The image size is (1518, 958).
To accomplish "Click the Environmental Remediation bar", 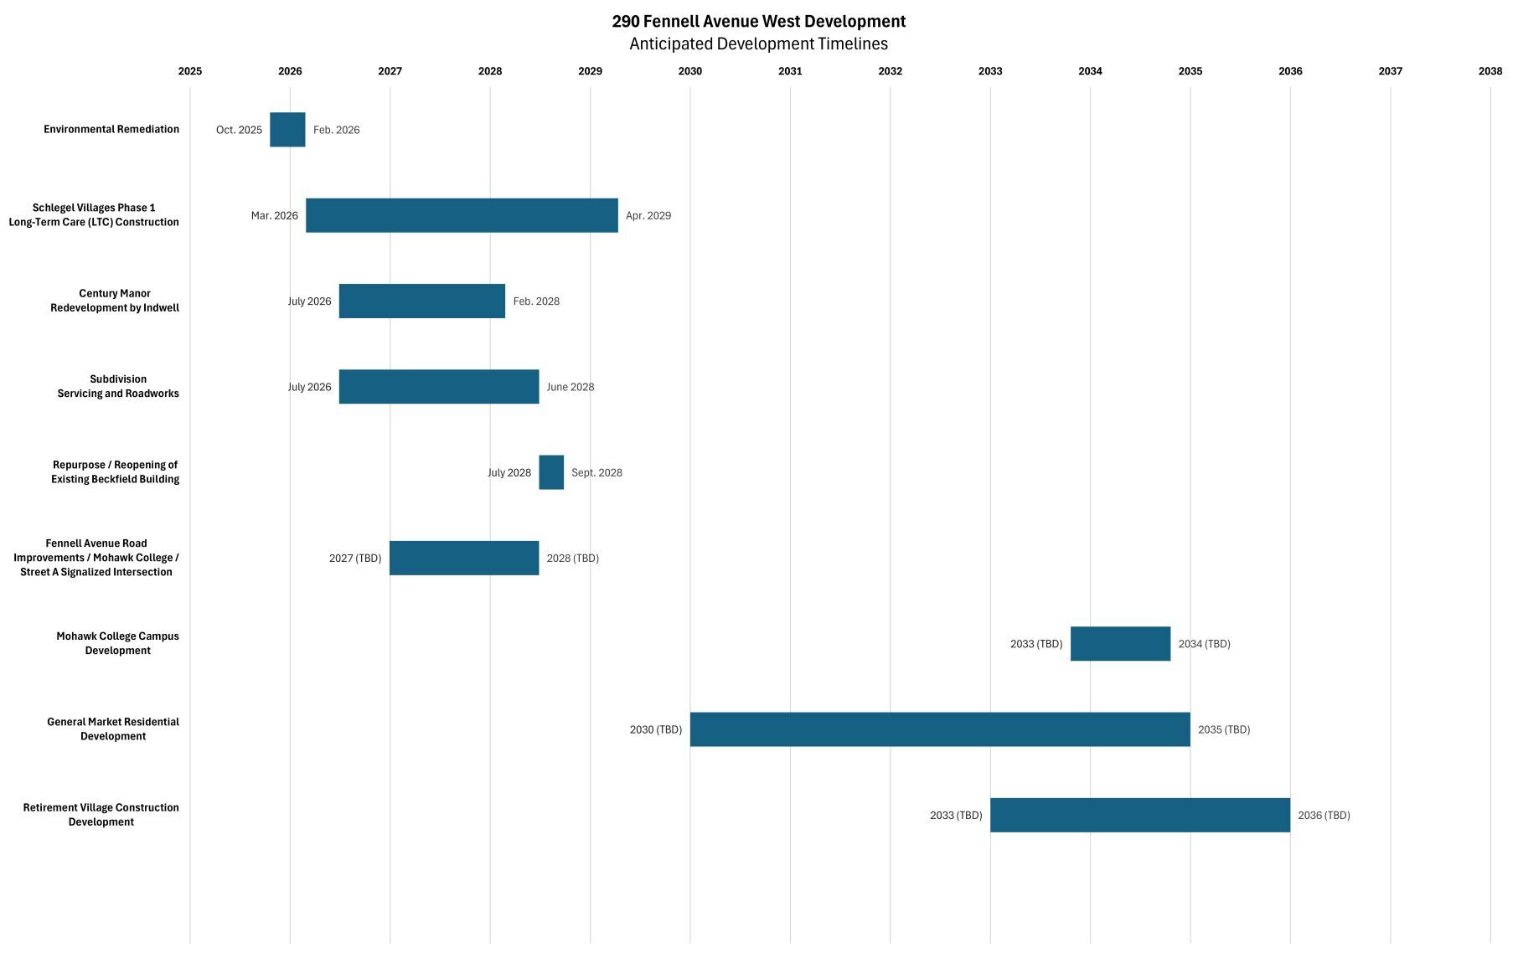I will click(287, 130).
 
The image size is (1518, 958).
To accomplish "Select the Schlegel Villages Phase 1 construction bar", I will click(462, 215).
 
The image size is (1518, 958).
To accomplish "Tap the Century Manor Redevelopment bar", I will click(421, 301).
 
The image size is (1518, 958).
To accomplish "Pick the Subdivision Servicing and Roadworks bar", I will click(439, 387).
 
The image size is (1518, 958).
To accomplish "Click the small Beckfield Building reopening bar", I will click(551, 472).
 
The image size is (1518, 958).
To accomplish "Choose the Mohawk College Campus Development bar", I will click(1120, 644).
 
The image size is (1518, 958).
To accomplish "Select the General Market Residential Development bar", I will click(939, 729).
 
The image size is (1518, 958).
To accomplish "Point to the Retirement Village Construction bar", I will click(1139, 815).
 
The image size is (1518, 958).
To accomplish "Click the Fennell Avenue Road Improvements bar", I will click(464, 559).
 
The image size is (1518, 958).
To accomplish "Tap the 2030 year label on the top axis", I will click(689, 71).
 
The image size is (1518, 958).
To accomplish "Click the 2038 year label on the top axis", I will click(1490, 71).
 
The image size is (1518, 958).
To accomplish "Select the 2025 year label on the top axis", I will click(190, 71).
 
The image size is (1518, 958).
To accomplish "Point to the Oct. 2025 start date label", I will click(239, 130).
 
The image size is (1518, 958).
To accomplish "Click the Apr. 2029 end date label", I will click(648, 216).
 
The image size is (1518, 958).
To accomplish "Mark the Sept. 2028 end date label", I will click(596, 473).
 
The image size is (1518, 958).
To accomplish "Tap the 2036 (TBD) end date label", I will click(1324, 816).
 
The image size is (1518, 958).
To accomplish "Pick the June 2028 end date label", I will click(570, 387).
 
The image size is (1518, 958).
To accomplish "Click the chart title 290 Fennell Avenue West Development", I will click(758, 21).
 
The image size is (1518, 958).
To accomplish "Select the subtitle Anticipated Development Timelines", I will click(758, 44).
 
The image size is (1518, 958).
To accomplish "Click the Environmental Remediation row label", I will click(111, 130).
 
